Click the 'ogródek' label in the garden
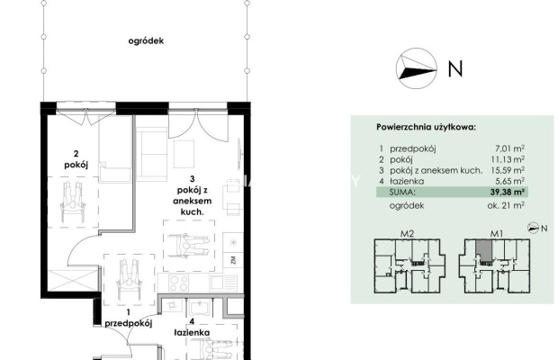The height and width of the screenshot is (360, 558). click(146, 40)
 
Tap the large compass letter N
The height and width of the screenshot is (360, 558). click(455, 68)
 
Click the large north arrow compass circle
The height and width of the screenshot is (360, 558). click(417, 68)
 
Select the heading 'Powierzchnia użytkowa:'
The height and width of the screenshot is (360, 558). click(426, 127)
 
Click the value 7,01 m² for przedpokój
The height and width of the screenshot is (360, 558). click(509, 148)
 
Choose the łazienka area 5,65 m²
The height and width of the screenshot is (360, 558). click(509, 181)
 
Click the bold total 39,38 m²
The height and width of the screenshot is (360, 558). click(508, 192)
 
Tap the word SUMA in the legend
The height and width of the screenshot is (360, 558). click(402, 193)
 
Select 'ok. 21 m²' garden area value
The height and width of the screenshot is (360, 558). click(506, 205)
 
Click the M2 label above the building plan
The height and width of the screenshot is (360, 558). click(407, 234)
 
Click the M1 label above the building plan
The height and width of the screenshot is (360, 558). click(497, 234)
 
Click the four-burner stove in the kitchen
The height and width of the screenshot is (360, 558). click(178, 283)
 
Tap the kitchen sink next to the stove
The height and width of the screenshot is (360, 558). click(223, 283)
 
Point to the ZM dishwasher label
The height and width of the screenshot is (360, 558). click(233, 260)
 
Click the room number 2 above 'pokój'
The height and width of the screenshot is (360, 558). click(76, 154)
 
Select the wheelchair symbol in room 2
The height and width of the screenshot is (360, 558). click(73, 202)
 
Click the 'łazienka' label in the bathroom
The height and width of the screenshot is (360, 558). click(192, 333)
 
